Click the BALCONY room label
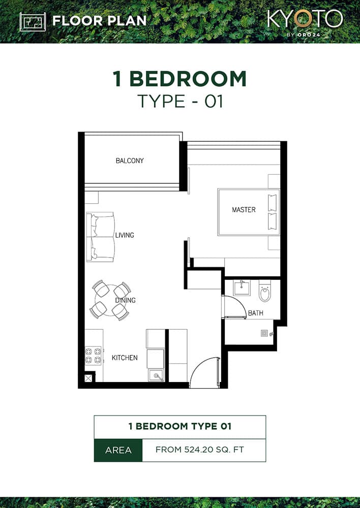130,161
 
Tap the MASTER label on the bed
244,209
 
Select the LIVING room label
125,235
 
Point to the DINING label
125,300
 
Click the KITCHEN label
125,358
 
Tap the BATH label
255,313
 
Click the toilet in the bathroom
265,292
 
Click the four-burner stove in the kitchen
93,355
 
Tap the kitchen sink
156,375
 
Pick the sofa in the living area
100,237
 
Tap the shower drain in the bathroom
264,333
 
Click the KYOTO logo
305,19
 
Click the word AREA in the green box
118,450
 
